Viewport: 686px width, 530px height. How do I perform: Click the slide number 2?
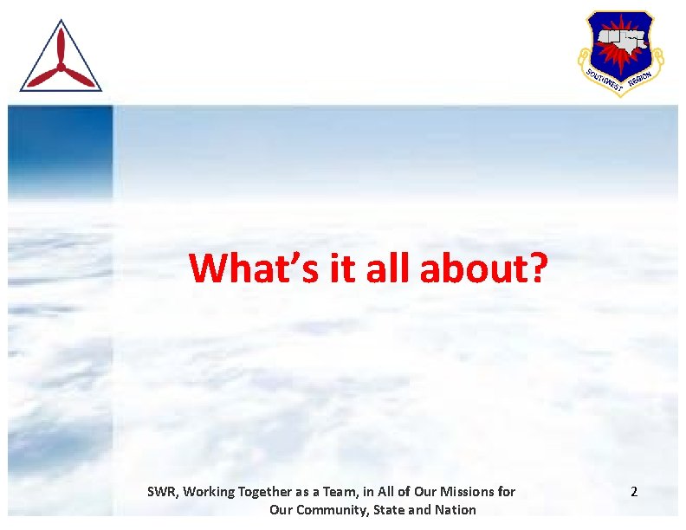pos(634,492)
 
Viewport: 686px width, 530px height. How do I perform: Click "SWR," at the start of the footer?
pos(162,492)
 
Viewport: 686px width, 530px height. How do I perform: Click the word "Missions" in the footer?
pos(469,492)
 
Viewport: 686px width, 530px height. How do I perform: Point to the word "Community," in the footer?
pos(333,510)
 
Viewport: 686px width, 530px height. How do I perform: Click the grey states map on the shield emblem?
pos(620,40)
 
